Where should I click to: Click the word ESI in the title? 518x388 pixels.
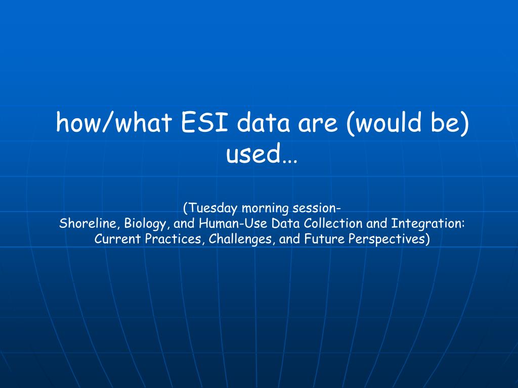tap(204, 122)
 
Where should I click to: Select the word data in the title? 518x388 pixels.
tap(263, 122)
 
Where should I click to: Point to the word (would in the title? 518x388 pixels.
tap(384, 123)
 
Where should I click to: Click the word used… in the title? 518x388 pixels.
tap(262, 154)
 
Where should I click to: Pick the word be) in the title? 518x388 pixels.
tap(450, 123)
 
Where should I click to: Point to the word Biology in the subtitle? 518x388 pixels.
tap(145, 224)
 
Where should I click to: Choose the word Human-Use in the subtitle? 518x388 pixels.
tap(233, 223)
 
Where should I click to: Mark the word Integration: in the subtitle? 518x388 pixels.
tap(428, 224)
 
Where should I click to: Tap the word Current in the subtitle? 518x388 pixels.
tap(117, 239)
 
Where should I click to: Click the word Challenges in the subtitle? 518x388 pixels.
tap(242, 239)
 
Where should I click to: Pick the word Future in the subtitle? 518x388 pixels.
tap(324, 239)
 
